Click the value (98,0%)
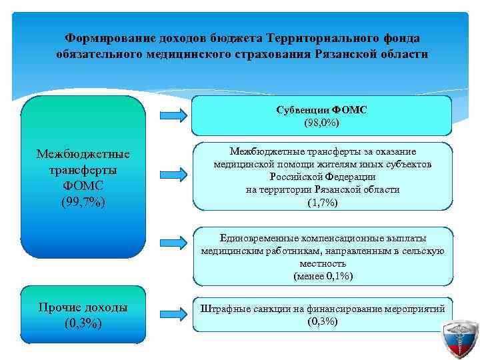click(321, 123)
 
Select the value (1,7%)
click(323, 203)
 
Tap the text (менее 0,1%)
click(323, 276)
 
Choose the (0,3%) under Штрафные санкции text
click(323, 321)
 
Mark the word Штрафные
click(225, 308)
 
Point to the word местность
click(323, 263)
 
